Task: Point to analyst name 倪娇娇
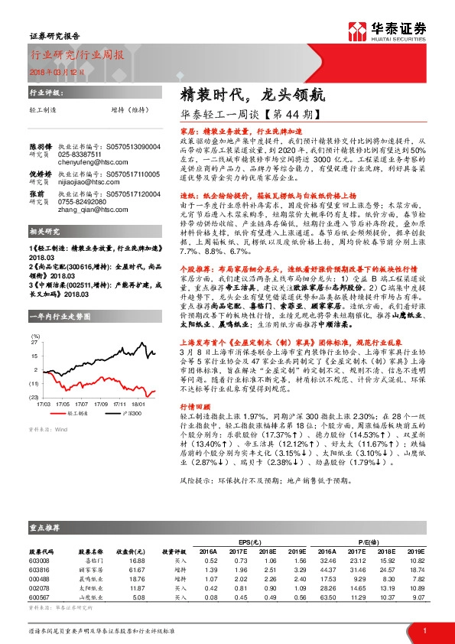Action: point(40,174)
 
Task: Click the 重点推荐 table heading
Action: point(45,525)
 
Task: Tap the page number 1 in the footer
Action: point(424,629)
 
